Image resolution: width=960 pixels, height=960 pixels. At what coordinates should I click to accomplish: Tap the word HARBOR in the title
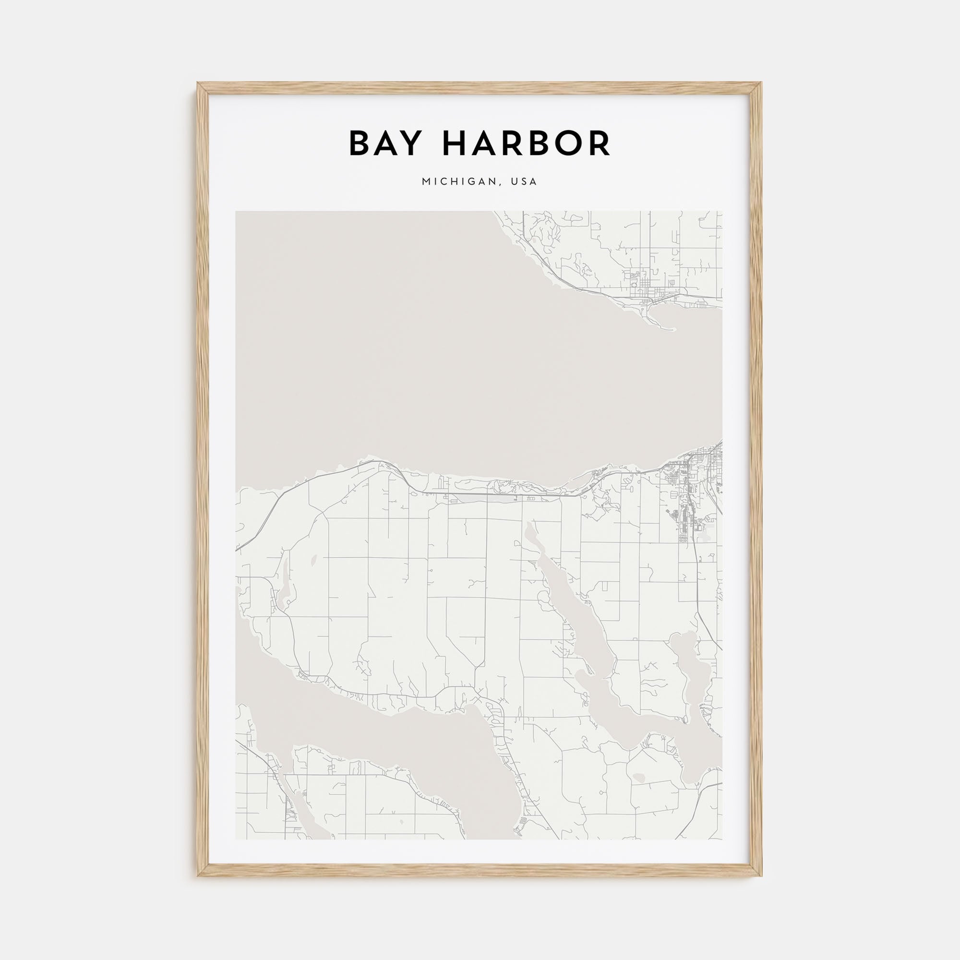(527, 144)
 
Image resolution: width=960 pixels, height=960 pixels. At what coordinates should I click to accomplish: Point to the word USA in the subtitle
(526, 182)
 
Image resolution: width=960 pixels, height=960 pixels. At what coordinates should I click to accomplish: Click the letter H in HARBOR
(456, 144)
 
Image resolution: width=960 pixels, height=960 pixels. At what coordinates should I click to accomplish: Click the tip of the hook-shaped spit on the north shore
(674, 329)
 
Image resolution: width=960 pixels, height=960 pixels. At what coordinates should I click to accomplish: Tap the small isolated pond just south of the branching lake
(637, 791)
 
